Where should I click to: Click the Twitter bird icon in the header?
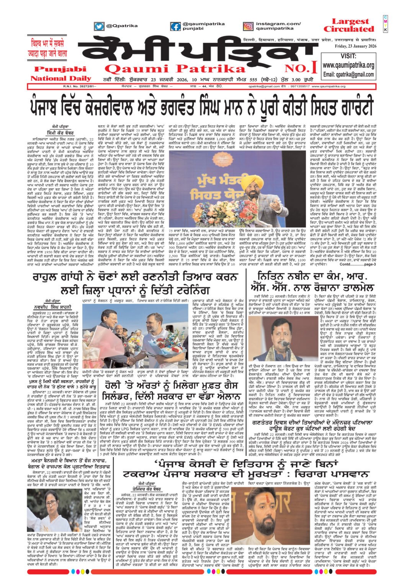pos(99,26)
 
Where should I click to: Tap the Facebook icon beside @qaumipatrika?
pos(175,26)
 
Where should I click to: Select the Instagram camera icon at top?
pos(248,26)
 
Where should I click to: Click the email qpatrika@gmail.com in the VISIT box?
pos(348,74)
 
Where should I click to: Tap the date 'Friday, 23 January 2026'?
pos(356,46)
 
